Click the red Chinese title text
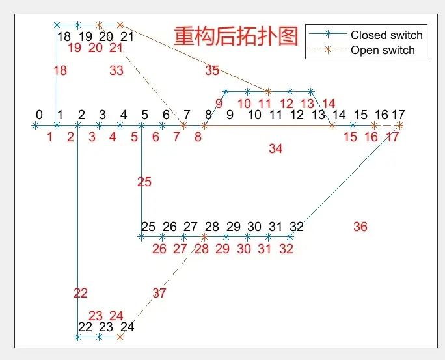pyautogui.click(x=236, y=36)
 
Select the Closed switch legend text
pyautogui.click(x=386, y=35)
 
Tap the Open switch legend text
pyautogui.click(x=383, y=50)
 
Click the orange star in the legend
pyautogui.click(x=328, y=49)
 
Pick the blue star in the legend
pyautogui.click(x=328, y=35)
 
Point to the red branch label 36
pyautogui.click(x=360, y=227)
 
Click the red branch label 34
pyautogui.click(x=276, y=148)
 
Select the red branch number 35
pyautogui.click(x=212, y=70)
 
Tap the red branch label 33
pyautogui.click(x=116, y=70)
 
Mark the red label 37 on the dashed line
pyautogui.click(x=159, y=293)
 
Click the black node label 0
pyautogui.click(x=39, y=115)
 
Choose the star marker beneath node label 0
pyautogui.click(x=35, y=125)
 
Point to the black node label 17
pyautogui.click(x=398, y=115)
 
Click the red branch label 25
pyautogui.click(x=144, y=182)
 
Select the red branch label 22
pyautogui.click(x=81, y=293)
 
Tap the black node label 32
pyautogui.click(x=297, y=227)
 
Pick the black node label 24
pyautogui.click(x=127, y=327)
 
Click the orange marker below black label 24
pyautogui.click(x=120, y=337)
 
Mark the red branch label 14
pyautogui.click(x=329, y=104)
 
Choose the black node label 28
pyautogui.click(x=212, y=227)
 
